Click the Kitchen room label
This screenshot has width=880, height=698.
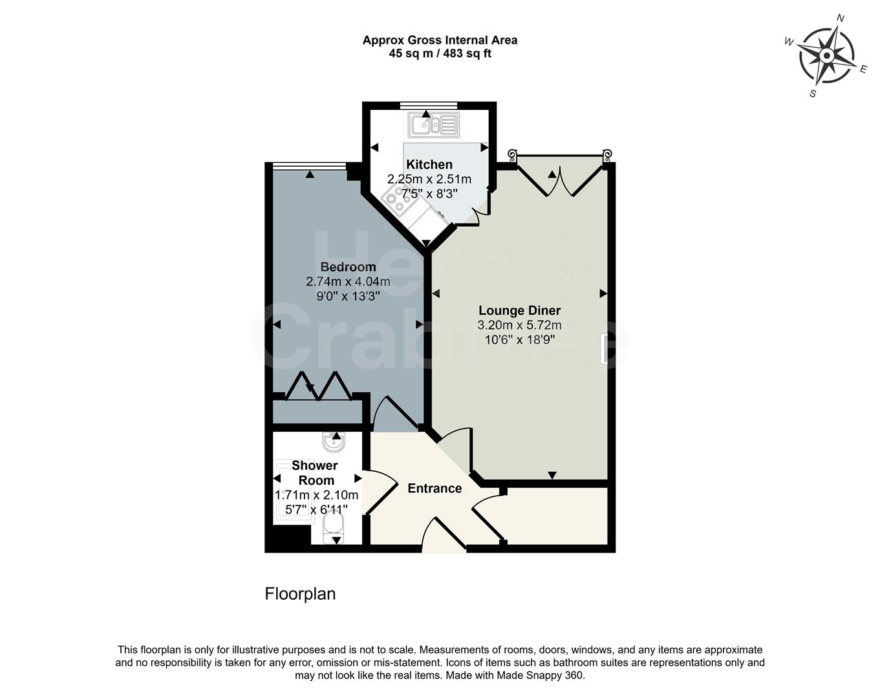point(429,165)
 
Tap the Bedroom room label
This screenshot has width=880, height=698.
point(348,267)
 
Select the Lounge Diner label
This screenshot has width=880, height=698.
point(519,311)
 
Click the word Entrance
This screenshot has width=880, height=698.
point(435,489)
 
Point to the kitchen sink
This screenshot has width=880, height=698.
point(433,124)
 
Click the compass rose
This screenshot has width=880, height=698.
point(826,56)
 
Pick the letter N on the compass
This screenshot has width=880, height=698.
point(841,18)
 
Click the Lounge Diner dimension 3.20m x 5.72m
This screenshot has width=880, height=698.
point(519,326)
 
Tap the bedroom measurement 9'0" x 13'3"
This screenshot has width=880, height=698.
point(348,297)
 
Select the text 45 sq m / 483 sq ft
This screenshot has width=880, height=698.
point(440,54)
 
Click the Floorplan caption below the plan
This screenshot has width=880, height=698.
point(300,594)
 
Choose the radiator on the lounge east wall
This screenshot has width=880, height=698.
point(603,348)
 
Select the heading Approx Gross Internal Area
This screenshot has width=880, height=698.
point(440,40)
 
